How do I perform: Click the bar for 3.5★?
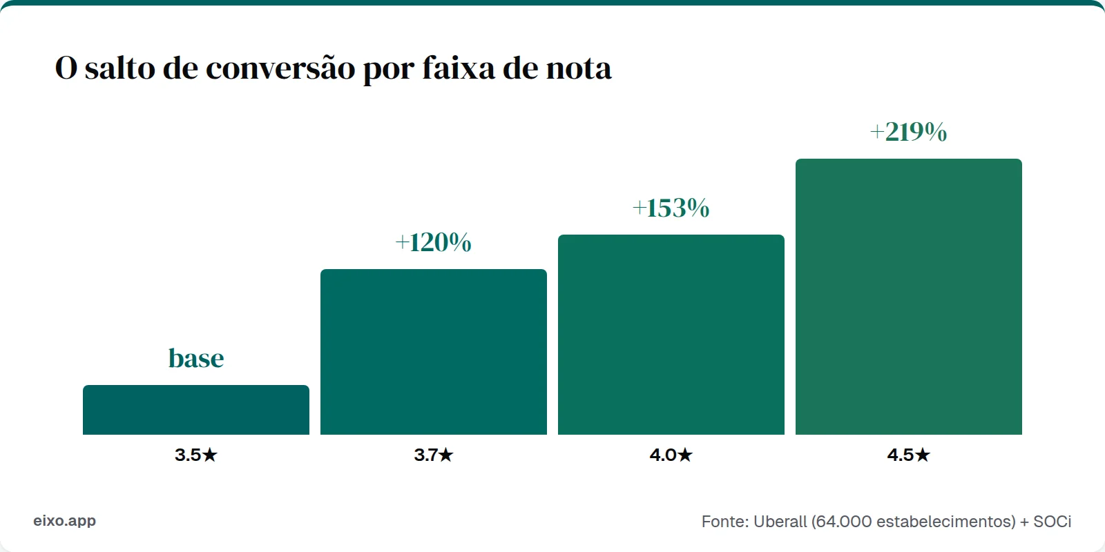click(x=196, y=410)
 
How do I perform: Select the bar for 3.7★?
click(x=434, y=352)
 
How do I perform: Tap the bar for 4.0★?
click(x=671, y=335)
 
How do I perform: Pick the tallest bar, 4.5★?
click(x=909, y=297)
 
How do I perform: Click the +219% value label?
click(x=908, y=132)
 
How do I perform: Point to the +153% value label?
click(x=671, y=208)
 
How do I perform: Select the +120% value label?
click(x=434, y=242)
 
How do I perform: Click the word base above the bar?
click(x=196, y=358)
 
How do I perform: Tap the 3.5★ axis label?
click(x=196, y=455)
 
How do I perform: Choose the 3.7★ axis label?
click(x=434, y=455)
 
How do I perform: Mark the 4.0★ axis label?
click(x=671, y=455)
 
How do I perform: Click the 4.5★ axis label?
click(x=909, y=455)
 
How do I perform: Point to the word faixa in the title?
click(x=459, y=68)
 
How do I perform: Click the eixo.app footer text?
click(x=64, y=521)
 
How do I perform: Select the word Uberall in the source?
click(x=780, y=522)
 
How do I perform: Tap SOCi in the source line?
click(x=1052, y=522)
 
